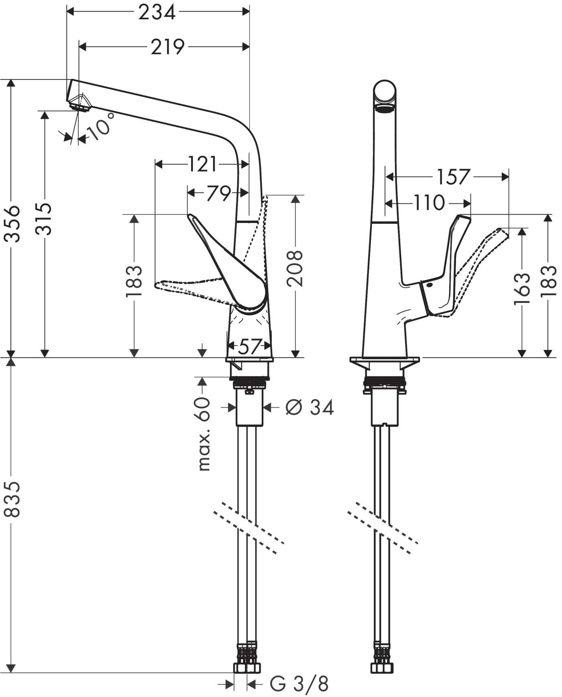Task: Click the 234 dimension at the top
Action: (157, 12)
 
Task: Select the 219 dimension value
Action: (167, 47)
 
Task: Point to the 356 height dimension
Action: (14, 223)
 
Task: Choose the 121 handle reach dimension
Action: (202, 164)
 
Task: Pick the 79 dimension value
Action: (219, 194)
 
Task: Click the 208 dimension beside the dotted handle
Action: (295, 268)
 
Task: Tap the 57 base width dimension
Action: (248, 346)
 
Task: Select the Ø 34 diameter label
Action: (309, 408)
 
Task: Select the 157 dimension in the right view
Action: (453, 177)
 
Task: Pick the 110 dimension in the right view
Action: (429, 203)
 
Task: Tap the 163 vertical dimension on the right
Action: (521, 289)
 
